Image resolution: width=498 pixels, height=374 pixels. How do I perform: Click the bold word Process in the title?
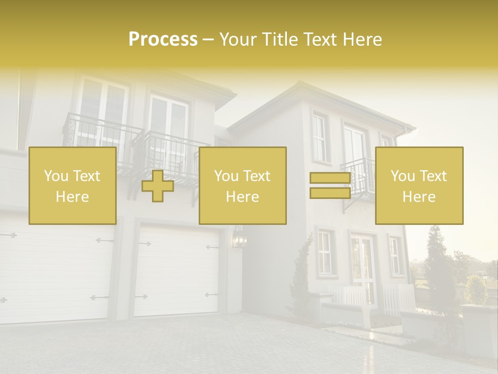tap(163, 39)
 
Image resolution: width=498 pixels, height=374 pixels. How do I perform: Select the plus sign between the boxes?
tap(158, 186)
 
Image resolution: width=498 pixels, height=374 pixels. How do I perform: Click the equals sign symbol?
tap(330, 185)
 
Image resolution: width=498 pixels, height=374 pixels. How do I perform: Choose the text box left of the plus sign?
tap(73, 185)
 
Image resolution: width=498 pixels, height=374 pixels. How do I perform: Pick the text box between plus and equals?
tap(243, 185)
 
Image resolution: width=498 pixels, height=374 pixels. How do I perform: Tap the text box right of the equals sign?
tap(419, 185)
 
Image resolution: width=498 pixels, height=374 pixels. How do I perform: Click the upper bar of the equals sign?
tap(330, 179)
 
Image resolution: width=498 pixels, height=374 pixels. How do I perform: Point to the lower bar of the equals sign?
tap(330, 193)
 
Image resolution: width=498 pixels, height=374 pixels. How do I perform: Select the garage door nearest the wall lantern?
tap(176, 270)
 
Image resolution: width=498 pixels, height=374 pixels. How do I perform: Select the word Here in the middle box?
tap(243, 197)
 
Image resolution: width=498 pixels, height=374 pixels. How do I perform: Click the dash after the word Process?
tap(208, 40)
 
